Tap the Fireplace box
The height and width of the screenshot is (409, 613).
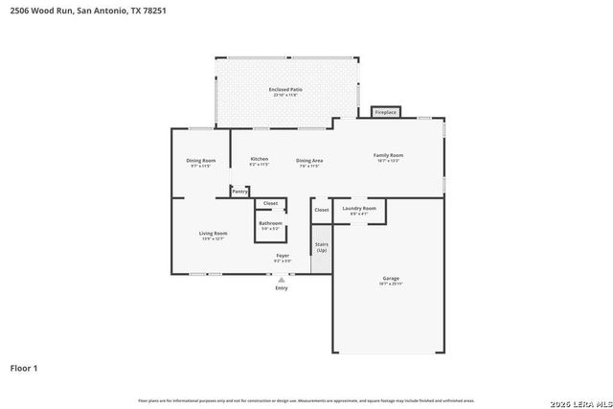(385, 112)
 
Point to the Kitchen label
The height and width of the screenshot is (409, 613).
(259, 160)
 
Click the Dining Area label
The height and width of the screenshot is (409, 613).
(308, 162)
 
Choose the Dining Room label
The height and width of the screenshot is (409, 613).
(200, 162)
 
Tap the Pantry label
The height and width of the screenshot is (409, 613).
(239, 192)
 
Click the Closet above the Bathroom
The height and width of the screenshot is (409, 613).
(270, 203)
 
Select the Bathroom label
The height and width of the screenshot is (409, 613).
(270, 225)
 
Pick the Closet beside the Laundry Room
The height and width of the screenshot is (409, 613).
(321, 209)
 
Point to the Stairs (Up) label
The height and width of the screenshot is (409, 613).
(321, 246)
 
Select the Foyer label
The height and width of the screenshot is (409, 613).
(283, 258)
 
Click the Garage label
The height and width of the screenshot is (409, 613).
(389, 281)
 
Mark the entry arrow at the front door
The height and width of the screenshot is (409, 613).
(281, 280)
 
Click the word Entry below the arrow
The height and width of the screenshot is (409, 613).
(281, 287)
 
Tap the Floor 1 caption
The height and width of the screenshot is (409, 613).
(24, 367)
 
